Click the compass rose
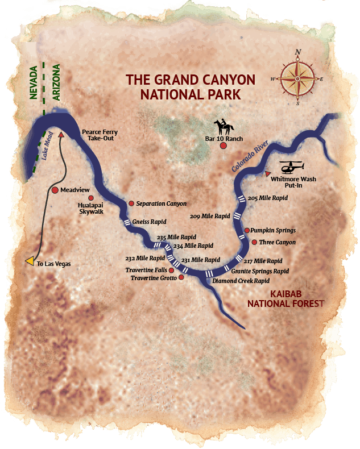tap(297, 77)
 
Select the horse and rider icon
tap(221, 126)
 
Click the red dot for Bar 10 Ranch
tap(224, 146)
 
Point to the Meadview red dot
tap(55, 190)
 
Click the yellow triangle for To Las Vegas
tap(30, 261)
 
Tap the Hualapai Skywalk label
tap(92, 207)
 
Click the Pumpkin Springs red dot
tap(247, 230)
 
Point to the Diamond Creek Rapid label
tap(240, 281)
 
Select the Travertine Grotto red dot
tap(181, 277)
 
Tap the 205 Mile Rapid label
tap(268, 198)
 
